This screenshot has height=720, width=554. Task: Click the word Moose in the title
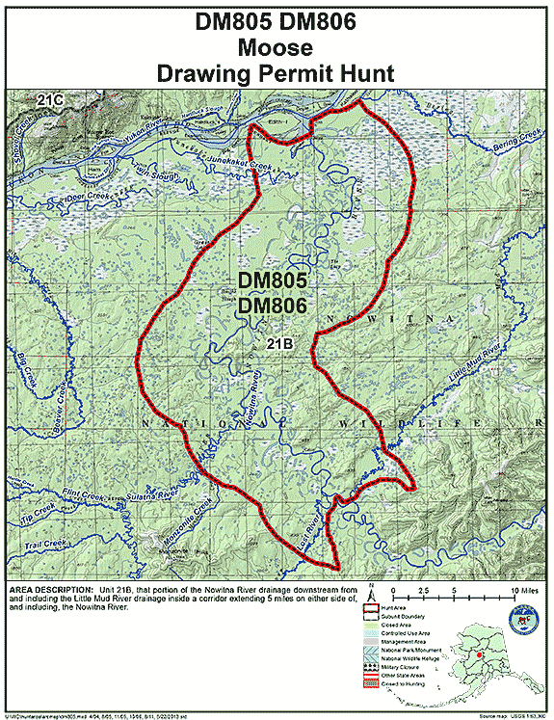click(277, 46)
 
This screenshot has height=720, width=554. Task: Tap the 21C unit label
click(50, 99)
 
